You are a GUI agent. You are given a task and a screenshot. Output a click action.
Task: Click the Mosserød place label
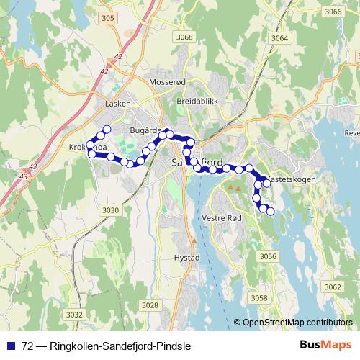pos(166,84)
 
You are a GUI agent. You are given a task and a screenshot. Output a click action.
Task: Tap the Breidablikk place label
pos(197,102)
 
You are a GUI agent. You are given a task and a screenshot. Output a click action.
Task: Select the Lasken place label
pos(117,104)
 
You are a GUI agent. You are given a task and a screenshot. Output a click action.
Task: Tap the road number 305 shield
pos(108,17)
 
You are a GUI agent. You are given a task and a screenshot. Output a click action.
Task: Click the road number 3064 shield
pos(280,38)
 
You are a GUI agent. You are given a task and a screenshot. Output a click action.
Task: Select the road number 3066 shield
pos(333,12)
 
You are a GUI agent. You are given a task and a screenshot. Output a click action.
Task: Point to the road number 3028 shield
pos(150,305)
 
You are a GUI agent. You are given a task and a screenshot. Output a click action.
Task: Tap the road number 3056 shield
pos(268,256)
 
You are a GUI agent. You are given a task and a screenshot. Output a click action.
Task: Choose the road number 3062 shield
pos(333,287)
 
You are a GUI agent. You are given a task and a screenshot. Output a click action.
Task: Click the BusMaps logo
pos(320,345)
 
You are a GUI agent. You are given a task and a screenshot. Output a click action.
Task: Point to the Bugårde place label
pos(143,130)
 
